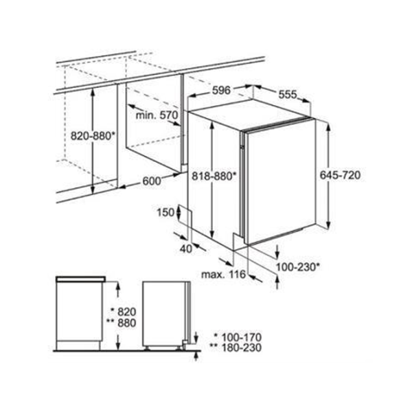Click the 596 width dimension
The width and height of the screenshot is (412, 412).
pyautogui.click(x=221, y=91)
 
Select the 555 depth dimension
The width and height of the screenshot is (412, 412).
pyautogui.click(x=288, y=95)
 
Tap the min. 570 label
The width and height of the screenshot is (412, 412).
pyautogui.click(x=157, y=115)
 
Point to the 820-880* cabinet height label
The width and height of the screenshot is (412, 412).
pyautogui.click(x=93, y=136)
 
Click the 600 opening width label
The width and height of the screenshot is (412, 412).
pyautogui.click(x=152, y=181)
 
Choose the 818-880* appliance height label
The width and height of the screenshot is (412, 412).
pyautogui.click(x=214, y=176)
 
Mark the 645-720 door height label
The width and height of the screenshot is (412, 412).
pyautogui.click(x=340, y=175)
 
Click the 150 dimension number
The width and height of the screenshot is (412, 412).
pyautogui.click(x=165, y=212)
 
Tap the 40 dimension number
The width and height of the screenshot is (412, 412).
pyautogui.click(x=186, y=249)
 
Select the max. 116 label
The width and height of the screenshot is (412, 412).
pyautogui.click(x=223, y=275)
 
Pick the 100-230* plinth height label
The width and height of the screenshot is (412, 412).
pyautogui.click(x=298, y=267)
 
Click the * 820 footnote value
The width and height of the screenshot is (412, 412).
pyautogui.click(x=123, y=312)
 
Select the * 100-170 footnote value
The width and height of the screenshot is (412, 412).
pyautogui.click(x=238, y=337)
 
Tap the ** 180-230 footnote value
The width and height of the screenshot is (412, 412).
pyautogui.click(x=236, y=347)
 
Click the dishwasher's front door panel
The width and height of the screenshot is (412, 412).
pyautogui.click(x=280, y=181)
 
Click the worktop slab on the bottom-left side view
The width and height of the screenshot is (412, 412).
pyautogui.click(x=80, y=279)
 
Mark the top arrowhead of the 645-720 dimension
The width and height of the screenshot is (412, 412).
pyautogui.click(x=328, y=126)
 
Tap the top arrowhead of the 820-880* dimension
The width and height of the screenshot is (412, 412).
pyautogui.click(x=93, y=93)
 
